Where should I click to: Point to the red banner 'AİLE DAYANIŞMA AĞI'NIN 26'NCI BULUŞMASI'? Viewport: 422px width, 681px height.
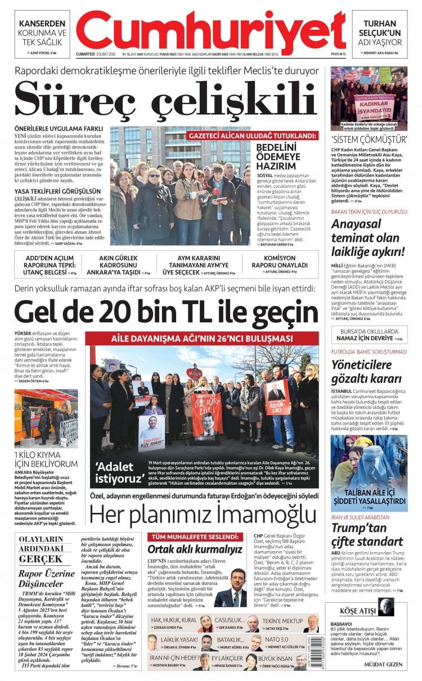click(201, 339)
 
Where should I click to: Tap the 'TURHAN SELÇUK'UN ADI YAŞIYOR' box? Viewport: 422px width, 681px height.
click(380, 33)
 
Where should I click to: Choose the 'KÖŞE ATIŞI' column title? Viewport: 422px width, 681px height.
click(358, 611)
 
